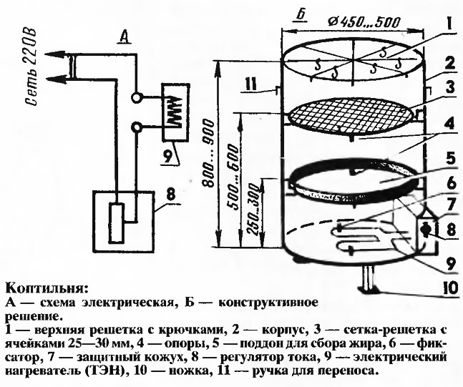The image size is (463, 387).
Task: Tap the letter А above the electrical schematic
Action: pyautogui.click(x=123, y=39)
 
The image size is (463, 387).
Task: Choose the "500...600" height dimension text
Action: pyautogui.click(x=234, y=186)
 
